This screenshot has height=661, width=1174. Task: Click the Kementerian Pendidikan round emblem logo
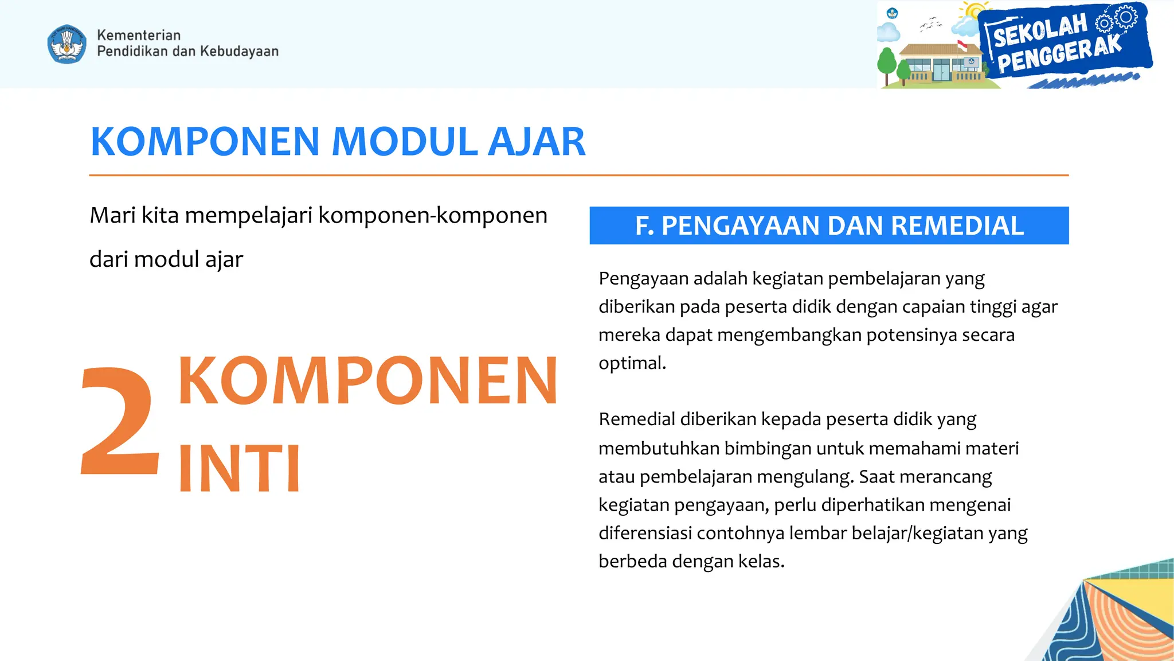pyautogui.click(x=67, y=44)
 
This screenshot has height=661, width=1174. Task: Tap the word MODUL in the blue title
pyautogui.click(x=405, y=142)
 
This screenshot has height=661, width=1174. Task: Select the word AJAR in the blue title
pyautogui.click(x=537, y=142)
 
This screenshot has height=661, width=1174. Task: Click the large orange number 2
pyautogui.click(x=120, y=422)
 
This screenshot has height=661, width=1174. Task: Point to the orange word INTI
pyautogui.click(x=239, y=469)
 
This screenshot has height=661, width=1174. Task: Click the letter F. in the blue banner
pyautogui.click(x=644, y=225)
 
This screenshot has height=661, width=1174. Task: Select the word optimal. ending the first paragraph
pyautogui.click(x=632, y=363)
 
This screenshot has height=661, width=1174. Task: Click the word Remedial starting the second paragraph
pyautogui.click(x=637, y=419)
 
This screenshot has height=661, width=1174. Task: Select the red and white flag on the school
pyautogui.click(x=962, y=45)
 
